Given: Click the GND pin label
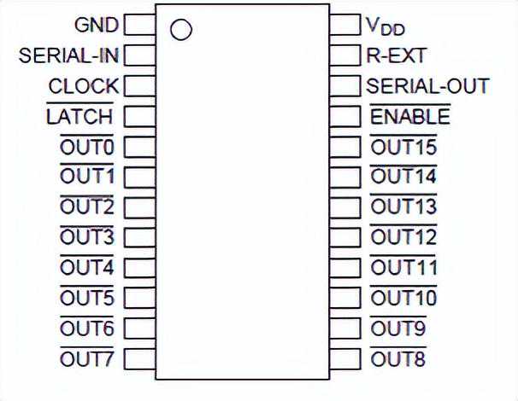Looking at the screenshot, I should (97, 24).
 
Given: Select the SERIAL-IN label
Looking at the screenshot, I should (68, 55).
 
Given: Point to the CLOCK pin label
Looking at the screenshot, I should (84, 86).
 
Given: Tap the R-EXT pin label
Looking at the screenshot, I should (396, 56).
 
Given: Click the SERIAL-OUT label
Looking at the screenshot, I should (427, 86).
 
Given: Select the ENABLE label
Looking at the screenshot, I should (409, 117).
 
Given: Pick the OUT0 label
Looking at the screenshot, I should (86, 147).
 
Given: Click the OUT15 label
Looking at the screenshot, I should (403, 147).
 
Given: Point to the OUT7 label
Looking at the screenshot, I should (86, 358).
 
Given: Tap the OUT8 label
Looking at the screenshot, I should (397, 358).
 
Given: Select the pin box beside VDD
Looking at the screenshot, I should (344, 24).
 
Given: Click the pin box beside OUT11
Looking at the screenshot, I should (344, 268).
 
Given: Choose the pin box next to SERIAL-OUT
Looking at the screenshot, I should (344, 86).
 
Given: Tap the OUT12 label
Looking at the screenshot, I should (403, 237).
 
